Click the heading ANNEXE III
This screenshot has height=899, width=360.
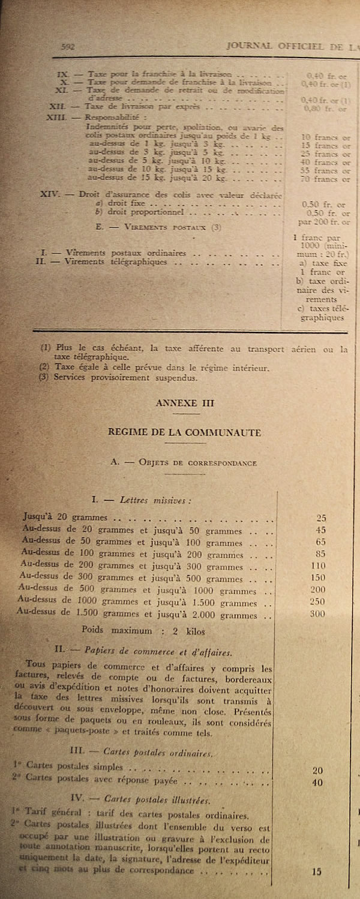point(184,404)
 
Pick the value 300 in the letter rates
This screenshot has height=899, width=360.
point(318,614)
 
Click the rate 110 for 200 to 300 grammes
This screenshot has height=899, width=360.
point(318,566)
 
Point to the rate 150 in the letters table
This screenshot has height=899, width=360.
point(318,578)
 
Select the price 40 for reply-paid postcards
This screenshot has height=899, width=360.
point(317,782)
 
